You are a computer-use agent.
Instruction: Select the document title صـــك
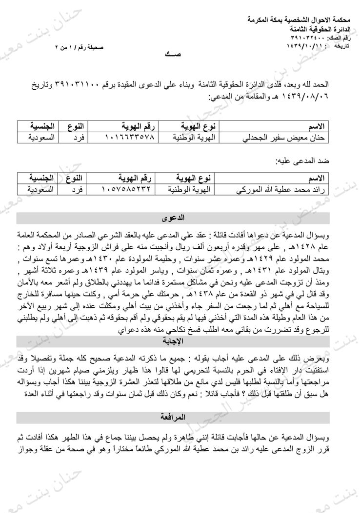click(173, 54)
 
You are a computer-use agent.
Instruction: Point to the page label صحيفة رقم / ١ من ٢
click(80, 48)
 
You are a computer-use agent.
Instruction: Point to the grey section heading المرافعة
click(173, 417)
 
